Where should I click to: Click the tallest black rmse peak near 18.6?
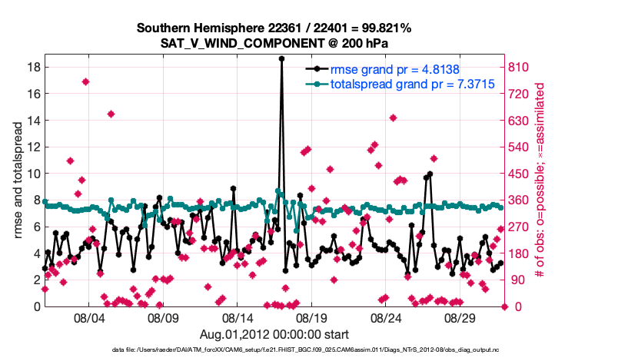point(282,58)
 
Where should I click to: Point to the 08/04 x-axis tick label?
point(88,317)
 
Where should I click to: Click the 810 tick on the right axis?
point(519,67)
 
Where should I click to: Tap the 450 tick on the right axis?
point(519,174)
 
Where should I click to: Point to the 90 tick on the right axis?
point(516,280)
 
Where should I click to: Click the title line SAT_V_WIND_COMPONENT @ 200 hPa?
point(274,43)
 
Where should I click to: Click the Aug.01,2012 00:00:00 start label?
point(274,334)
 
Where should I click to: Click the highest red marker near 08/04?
point(85,82)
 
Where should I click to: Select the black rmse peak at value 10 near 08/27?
point(430,174)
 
